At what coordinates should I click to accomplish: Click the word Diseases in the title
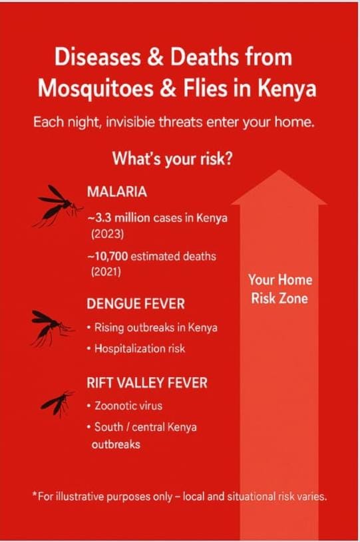[98, 57]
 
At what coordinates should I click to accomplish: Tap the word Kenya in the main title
[286, 88]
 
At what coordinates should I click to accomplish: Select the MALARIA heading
[117, 192]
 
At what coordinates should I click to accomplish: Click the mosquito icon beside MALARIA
[57, 206]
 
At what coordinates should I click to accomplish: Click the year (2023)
[108, 234]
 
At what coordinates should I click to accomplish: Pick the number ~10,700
[108, 257]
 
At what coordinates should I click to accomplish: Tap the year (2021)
[106, 272]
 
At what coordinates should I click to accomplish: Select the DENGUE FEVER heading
[136, 304]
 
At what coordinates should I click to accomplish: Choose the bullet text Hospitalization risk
[140, 348]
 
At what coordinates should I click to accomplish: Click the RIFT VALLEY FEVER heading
[147, 382]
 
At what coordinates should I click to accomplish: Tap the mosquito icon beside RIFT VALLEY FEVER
[58, 403]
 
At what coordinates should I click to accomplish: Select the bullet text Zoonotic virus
[128, 406]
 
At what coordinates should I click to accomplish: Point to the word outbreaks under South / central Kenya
[116, 444]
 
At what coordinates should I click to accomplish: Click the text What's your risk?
[172, 159]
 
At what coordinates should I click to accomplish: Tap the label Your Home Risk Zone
[279, 289]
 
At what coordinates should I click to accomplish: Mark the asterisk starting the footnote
[35, 495]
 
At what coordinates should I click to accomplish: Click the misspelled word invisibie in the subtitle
[130, 122]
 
